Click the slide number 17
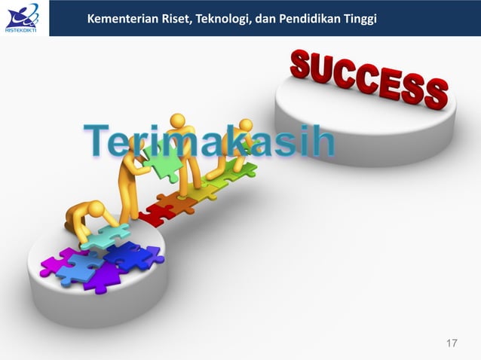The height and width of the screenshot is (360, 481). pyautogui.click(x=452, y=344)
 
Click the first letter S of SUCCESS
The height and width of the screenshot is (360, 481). pyautogui.click(x=302, y=66)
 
